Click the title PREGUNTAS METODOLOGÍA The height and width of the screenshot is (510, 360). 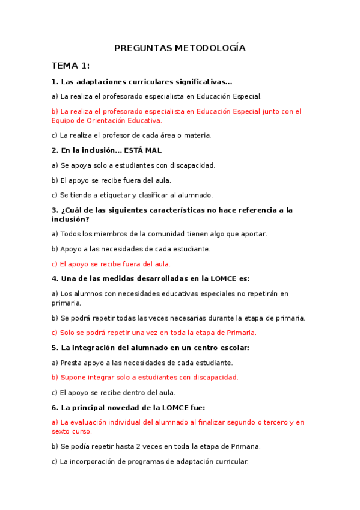[180, 48]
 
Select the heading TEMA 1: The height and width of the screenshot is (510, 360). [70, 66]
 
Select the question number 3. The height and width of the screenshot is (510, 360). [55, 210]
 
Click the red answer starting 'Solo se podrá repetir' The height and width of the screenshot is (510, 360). [154, 333]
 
